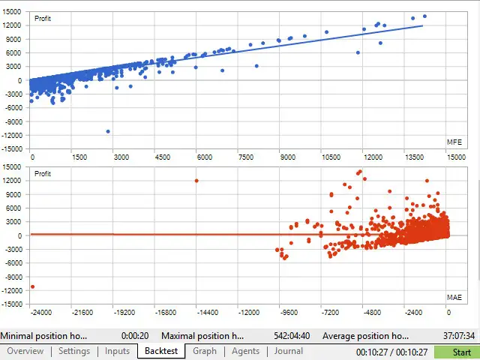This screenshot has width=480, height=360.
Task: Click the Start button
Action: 457,352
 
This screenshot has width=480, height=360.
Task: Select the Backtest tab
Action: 161,351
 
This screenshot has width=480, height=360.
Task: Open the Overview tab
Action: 25,351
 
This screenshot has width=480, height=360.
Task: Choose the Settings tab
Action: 74,351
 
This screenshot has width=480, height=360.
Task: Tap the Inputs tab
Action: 117,351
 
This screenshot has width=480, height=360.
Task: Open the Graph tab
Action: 205,351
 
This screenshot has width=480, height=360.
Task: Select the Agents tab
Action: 245,351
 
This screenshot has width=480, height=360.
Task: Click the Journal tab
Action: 288,351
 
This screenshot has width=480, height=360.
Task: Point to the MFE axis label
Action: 454,142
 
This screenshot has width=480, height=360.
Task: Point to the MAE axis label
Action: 454,298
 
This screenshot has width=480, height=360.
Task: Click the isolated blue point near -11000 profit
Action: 108,131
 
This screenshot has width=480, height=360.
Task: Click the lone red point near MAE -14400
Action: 196,181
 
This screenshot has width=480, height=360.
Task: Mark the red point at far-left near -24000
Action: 32,286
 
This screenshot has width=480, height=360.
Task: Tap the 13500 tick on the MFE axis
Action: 415,157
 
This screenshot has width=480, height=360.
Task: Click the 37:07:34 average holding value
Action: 454,335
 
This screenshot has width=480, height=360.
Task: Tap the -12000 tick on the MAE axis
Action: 248,312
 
